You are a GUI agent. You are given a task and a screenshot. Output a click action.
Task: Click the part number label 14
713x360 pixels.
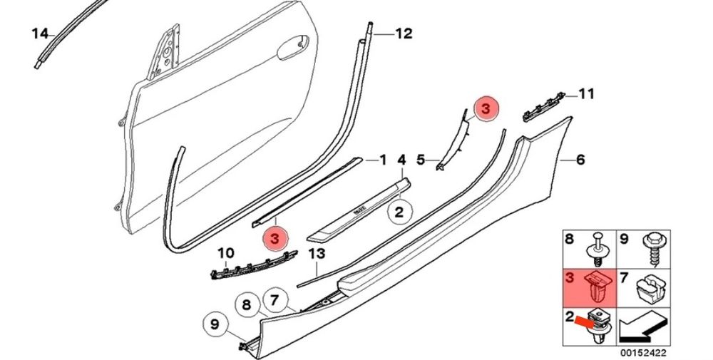[39, 34]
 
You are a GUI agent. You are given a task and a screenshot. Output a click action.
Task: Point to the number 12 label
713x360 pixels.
[404, 34]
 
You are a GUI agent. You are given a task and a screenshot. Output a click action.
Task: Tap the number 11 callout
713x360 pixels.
[587, 94]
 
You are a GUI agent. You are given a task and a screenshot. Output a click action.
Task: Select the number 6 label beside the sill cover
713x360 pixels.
[580, 160]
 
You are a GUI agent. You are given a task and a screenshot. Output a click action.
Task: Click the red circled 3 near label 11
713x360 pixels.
[486, 110]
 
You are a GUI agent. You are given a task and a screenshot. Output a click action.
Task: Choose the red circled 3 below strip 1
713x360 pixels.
[277, 239]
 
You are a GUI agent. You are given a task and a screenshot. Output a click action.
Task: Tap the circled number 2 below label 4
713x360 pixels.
[399, 212]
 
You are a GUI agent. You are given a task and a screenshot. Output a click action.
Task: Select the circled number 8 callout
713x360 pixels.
[246, 304]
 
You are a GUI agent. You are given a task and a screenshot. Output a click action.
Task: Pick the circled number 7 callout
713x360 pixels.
[274, 300]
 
